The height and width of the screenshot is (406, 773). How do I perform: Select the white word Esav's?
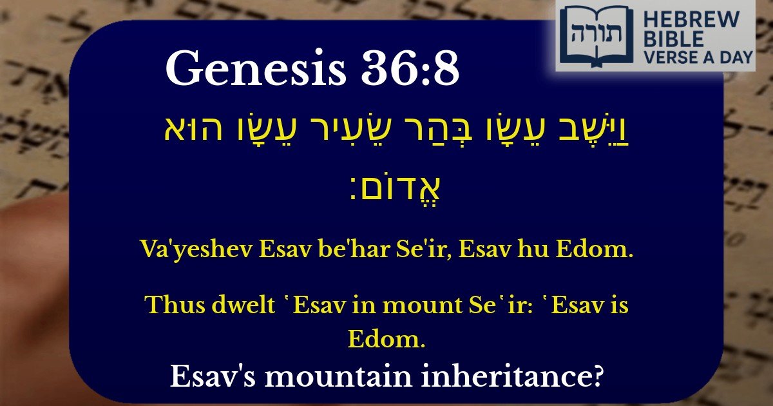point(213,376)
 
